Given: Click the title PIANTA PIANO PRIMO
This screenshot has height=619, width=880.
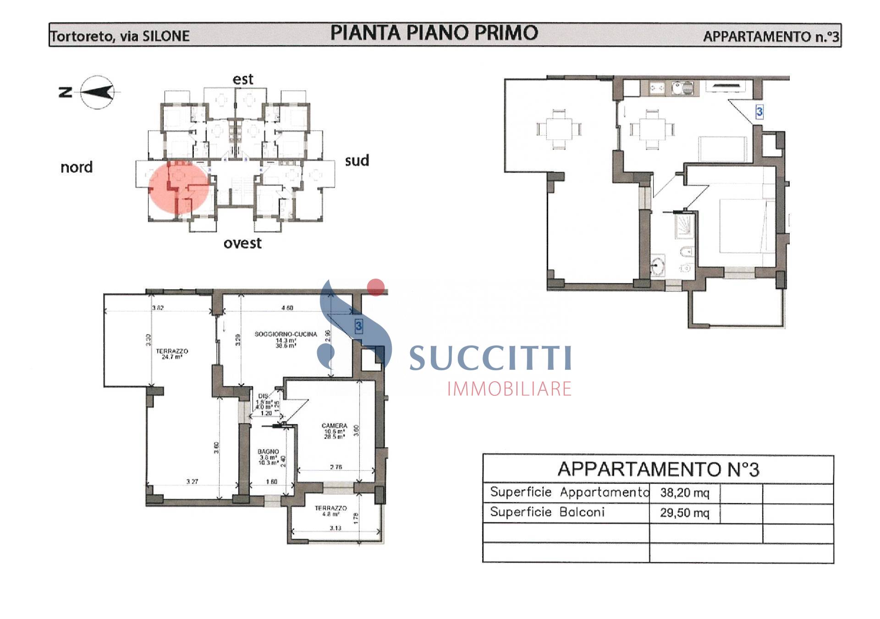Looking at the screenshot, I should point(434,33).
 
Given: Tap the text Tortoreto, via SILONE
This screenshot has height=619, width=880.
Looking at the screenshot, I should point(120,36).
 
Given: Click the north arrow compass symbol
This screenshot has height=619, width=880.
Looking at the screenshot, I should point(97,92).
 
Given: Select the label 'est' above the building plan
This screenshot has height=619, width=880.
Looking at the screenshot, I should point(242,79).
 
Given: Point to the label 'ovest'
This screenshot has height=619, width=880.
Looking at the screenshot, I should point(242,243).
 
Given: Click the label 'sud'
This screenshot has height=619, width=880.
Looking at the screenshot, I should point(357,160).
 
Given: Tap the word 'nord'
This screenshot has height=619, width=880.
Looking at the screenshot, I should point(77,167).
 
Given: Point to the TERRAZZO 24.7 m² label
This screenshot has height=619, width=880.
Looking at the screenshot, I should point(172,354).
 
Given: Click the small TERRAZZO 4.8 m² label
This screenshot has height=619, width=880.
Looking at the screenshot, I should point(330,510).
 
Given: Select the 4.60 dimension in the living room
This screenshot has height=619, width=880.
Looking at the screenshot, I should point(287,308).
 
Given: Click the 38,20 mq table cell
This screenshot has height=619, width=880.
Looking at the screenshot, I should point(684,493).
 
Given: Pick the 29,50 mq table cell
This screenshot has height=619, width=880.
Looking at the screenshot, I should point(684,513).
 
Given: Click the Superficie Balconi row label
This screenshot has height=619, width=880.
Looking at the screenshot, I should point(547,512).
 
